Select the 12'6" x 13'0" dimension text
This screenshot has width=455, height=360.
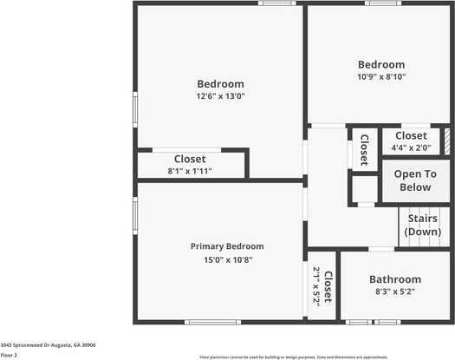pos(220,96)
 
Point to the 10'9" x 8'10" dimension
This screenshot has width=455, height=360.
pos(381,77)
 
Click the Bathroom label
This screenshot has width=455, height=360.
pos(395,279)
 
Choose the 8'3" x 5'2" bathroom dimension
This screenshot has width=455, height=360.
pos(395,293)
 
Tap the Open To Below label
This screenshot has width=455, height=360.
pos(415,180)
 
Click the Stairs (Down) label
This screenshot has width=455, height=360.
pos(423,226)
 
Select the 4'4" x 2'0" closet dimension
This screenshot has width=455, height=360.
pos(410,148)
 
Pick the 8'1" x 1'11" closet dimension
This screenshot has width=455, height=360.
pos(190,172)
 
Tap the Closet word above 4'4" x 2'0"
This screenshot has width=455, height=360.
pos(410,136)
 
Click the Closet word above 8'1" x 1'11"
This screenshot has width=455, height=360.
pos(190,159)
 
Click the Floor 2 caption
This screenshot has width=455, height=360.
pos(9,355)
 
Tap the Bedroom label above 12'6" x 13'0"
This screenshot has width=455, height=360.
pos(220,83)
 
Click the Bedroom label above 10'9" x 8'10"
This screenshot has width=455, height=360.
pos(381,64)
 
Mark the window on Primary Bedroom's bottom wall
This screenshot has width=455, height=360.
pos(212,323)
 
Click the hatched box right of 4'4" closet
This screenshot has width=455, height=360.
pos(447,141)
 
